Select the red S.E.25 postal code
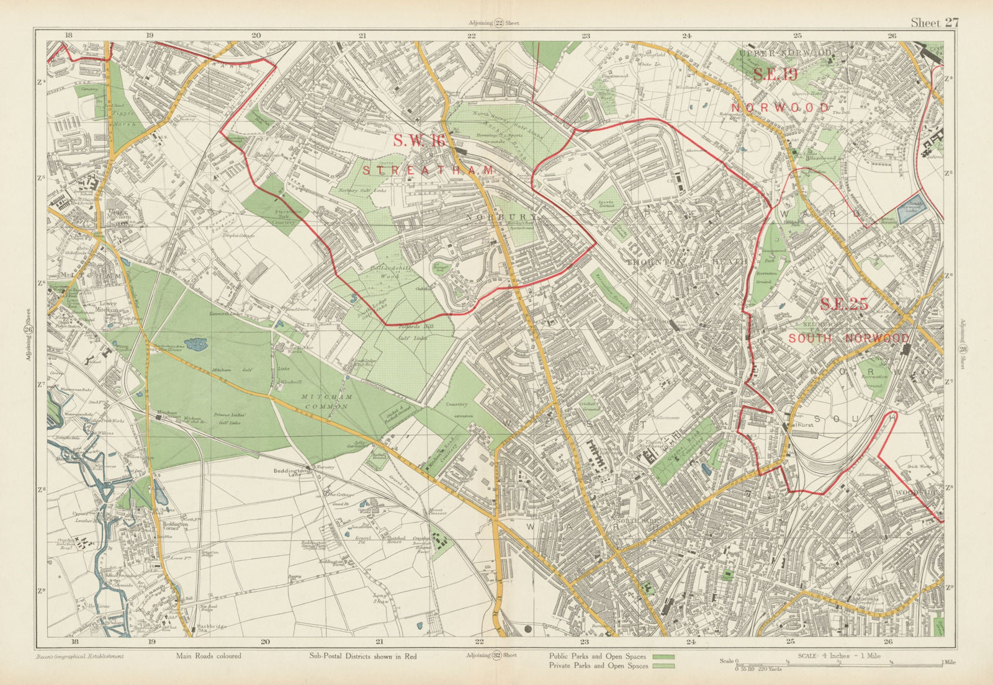click(x=843, y=305)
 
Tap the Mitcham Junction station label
click(x=164, y=415)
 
